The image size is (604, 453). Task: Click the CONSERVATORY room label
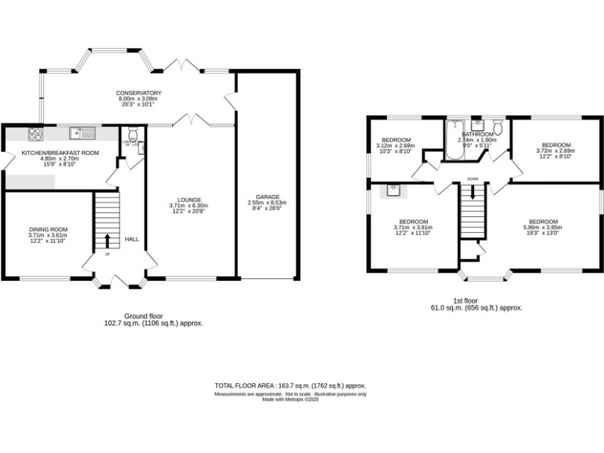point(138,93)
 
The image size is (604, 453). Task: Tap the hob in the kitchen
point(34,133)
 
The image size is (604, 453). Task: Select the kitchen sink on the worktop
point(81,133)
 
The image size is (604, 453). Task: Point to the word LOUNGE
point(189,200)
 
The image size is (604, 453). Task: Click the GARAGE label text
point(267,197)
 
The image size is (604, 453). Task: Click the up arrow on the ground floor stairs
point(107,238)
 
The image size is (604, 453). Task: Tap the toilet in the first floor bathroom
point(497,128)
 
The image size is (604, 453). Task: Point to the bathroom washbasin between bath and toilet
point(477,128)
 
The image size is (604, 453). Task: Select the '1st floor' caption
point(466,301)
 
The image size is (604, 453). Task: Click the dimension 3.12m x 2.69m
point(395,145)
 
